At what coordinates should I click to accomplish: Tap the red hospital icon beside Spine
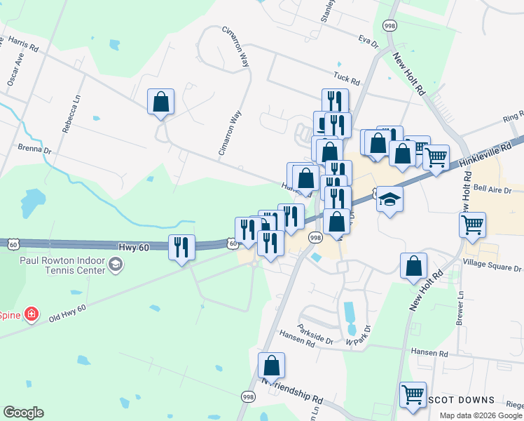[x=31, y=314]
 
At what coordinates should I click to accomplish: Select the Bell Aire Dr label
[x=490, y=188]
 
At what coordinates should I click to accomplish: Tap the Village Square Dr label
[x=492, y=268]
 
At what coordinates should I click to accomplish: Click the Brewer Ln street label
[x=460, y=309]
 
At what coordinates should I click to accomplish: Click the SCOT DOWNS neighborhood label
[x=462, y=400]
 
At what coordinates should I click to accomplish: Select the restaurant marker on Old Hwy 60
[x=181, y=246]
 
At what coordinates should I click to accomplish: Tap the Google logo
[x=23, y=413]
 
